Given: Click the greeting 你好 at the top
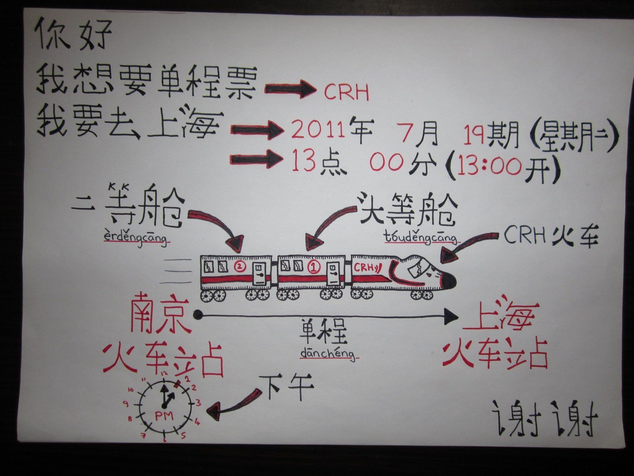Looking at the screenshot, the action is click(73, 34).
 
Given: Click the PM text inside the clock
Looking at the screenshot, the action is click(164, 416).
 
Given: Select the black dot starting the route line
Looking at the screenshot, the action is click(198, 315).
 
